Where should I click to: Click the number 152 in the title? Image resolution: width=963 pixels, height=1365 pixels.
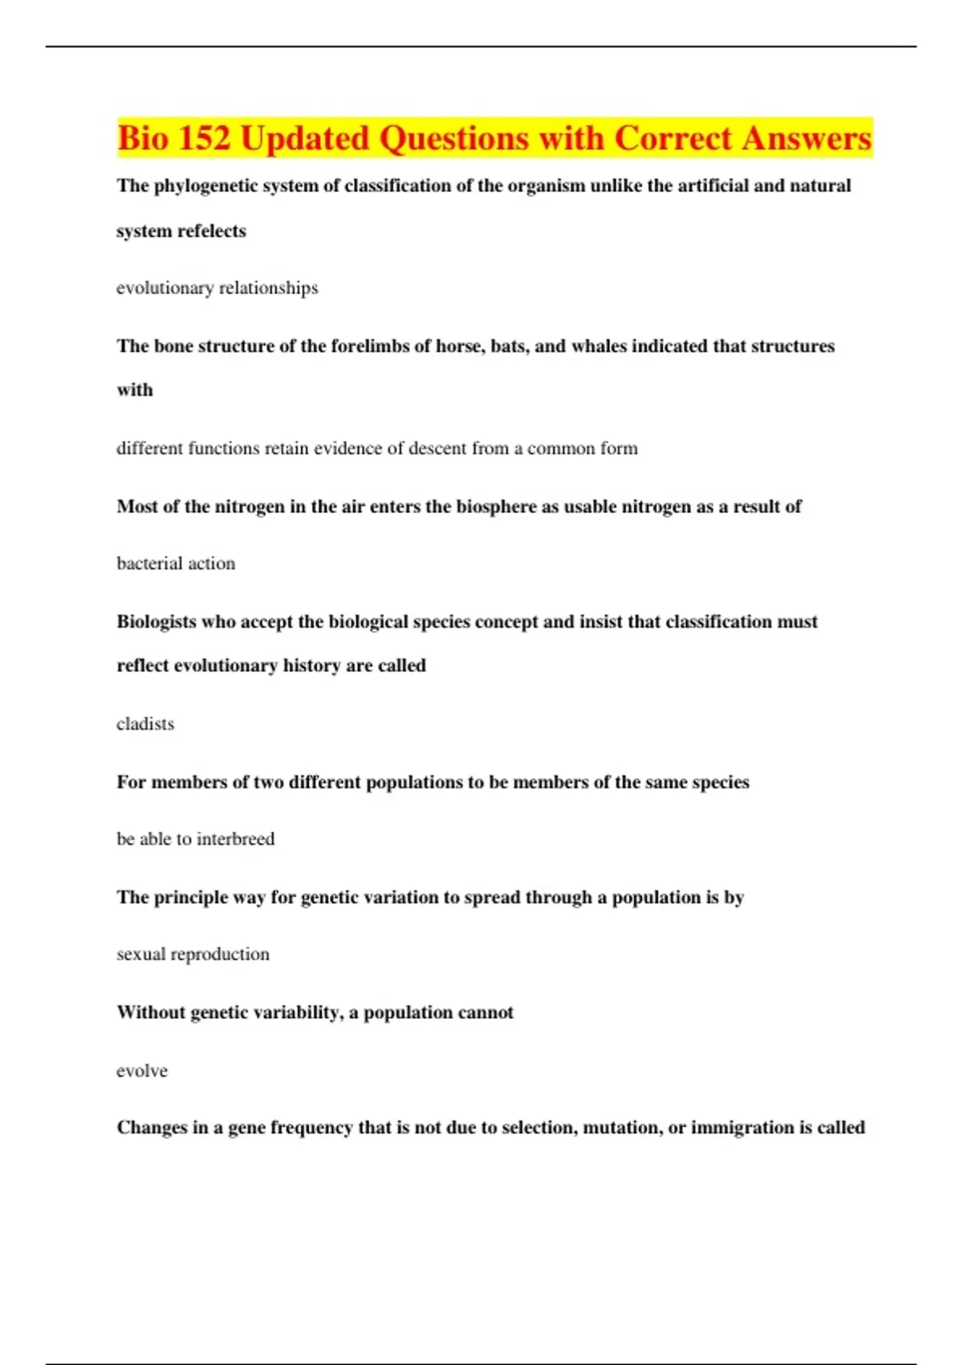pos(204,138)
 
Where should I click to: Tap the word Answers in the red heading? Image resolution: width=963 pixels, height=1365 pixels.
pos(806,138)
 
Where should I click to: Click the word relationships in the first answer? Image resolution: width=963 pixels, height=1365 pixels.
pos(268,288)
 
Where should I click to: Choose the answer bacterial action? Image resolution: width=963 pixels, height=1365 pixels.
pos(176,564)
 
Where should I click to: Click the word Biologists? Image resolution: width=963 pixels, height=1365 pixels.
pos(156,621)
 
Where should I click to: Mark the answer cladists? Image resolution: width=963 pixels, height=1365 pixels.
pos(145,724)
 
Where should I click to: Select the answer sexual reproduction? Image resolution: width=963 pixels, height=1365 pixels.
pos(193,955)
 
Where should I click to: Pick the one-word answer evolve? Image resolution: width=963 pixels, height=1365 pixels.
pos(142,1071)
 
